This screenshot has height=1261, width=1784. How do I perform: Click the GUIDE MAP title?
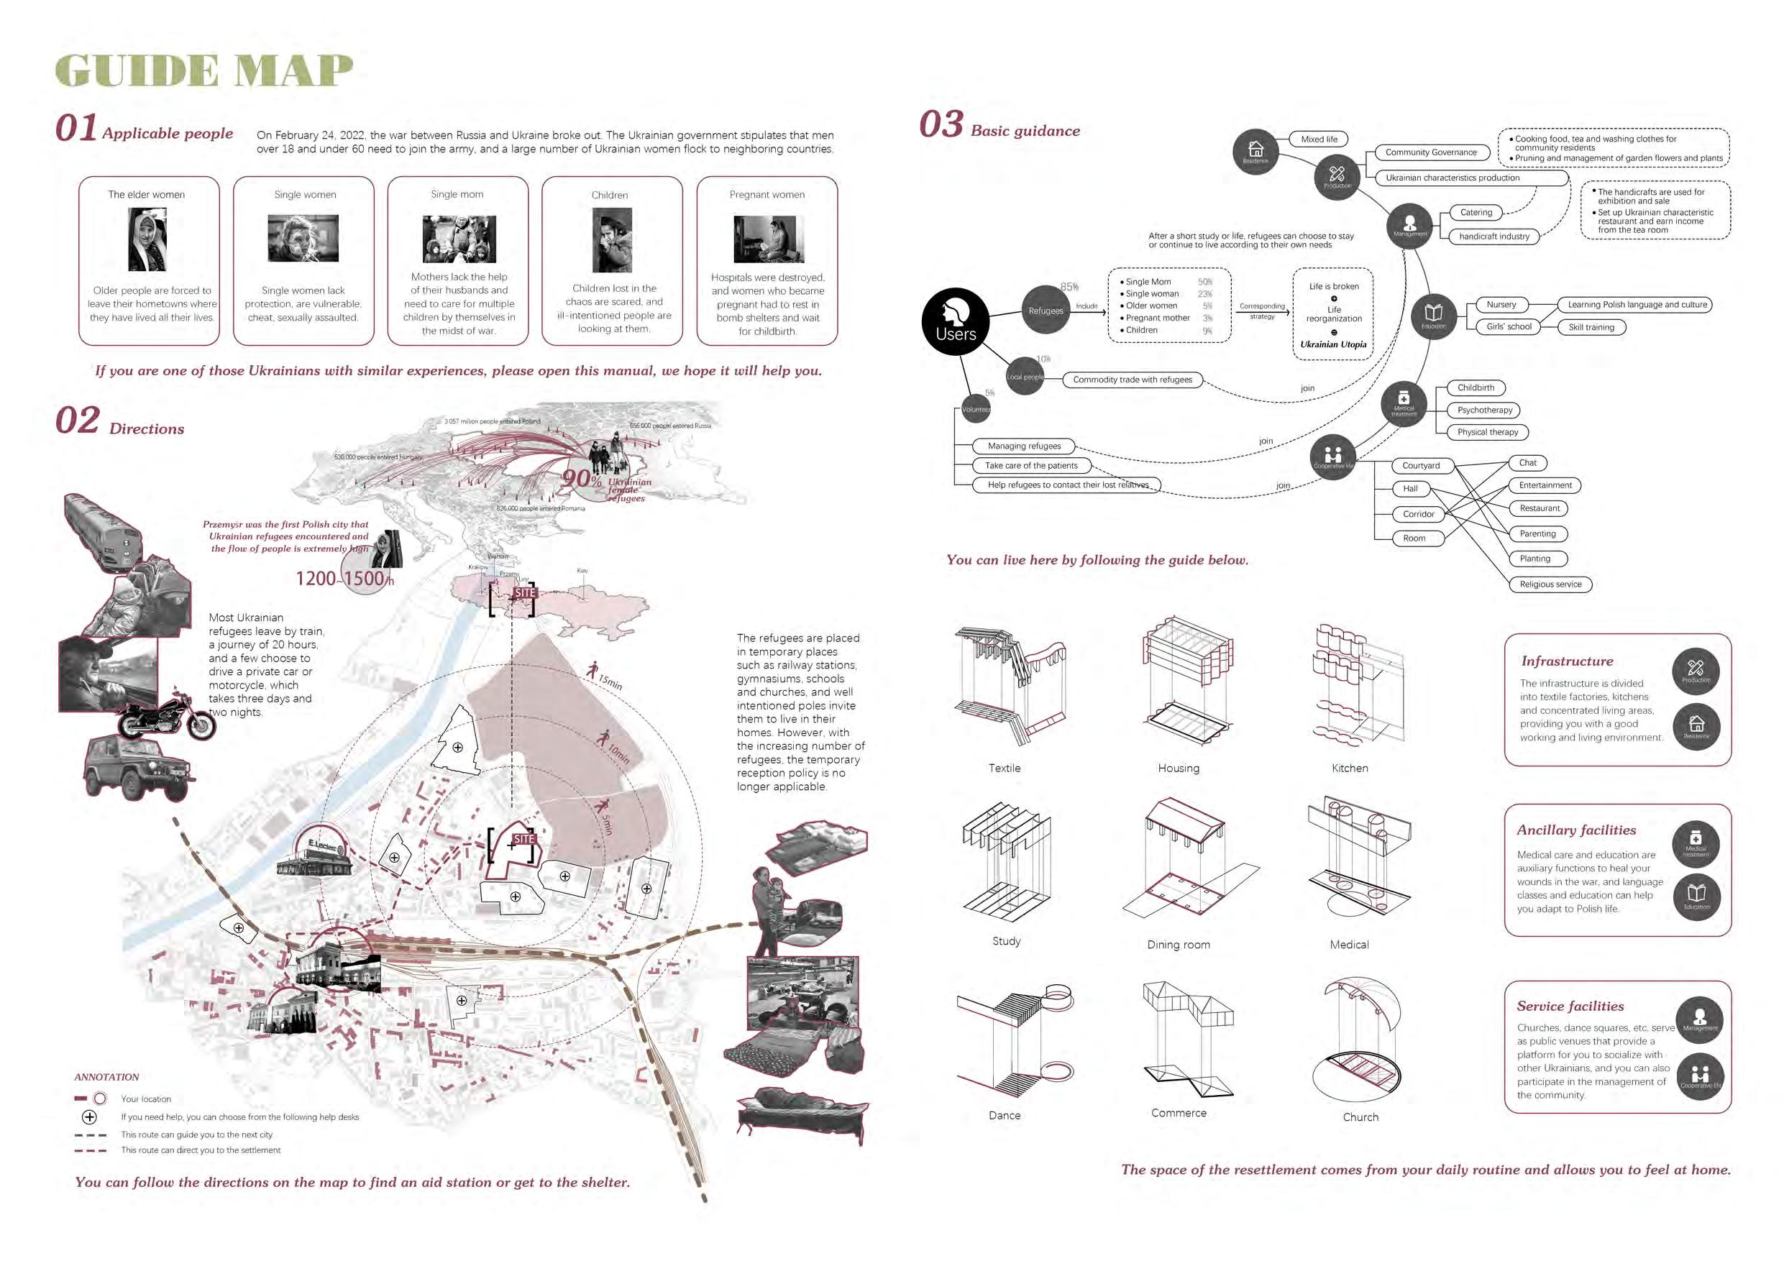(x=203, y=70)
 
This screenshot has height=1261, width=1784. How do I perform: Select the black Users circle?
(x=956, y=321)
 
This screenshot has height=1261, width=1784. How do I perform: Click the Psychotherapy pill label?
(x=1484, y=411)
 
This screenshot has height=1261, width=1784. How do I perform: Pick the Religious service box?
(x=1550, y=584)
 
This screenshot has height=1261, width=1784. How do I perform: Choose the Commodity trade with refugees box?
(x=1132, y=380)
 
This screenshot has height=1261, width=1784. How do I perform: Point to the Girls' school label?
(x=1508, y=327)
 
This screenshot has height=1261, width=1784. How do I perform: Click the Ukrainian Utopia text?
(x=1332, y=344)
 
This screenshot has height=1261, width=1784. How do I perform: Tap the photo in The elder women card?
(x=147, y=239)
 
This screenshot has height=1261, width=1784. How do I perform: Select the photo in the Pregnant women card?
(x=768, y=239)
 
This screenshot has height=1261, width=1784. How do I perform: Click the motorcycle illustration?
(x=166, y=715)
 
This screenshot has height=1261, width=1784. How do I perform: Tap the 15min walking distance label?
(x=609, y=682)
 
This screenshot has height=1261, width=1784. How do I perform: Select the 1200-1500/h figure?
(x=343, y=579)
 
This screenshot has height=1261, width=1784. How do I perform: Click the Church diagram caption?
(x=1360, y=1117)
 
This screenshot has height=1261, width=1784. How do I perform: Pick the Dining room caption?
(x=1178, y=945)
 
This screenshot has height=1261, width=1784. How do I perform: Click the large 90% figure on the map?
(x=582, y=478)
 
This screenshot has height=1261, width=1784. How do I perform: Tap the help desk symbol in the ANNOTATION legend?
(x=90, y=1117)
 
